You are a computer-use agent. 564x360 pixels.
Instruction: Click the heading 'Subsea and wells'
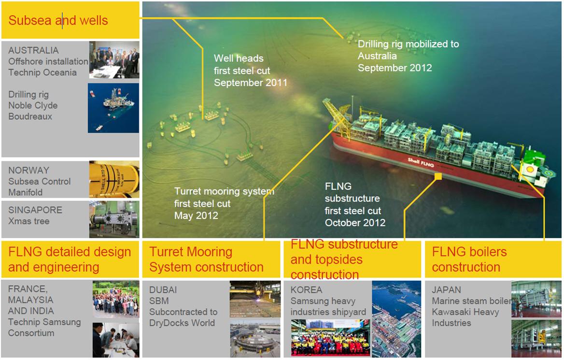58,20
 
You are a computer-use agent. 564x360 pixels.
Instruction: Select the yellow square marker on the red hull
438,177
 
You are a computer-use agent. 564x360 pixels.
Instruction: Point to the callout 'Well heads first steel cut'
250,71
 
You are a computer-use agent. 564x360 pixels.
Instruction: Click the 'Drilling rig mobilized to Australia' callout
408,56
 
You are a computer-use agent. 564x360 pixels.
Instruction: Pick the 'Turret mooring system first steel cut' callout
224,203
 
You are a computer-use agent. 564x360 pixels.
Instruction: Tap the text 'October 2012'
355,223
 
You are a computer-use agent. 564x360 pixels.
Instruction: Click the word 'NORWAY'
28,171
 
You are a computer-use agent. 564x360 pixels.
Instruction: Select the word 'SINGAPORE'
35,210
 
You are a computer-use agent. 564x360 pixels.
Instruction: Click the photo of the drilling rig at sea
113,108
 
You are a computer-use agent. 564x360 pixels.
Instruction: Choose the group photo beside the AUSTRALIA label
114,59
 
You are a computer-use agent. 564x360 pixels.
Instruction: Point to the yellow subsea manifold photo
114,179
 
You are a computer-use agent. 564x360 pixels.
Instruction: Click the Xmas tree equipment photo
114,219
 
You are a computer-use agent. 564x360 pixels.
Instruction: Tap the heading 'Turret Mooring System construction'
206,259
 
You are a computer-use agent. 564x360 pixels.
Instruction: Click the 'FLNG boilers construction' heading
469,259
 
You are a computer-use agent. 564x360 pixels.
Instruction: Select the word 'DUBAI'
163,290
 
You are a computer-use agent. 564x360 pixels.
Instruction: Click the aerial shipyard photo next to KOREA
396,319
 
